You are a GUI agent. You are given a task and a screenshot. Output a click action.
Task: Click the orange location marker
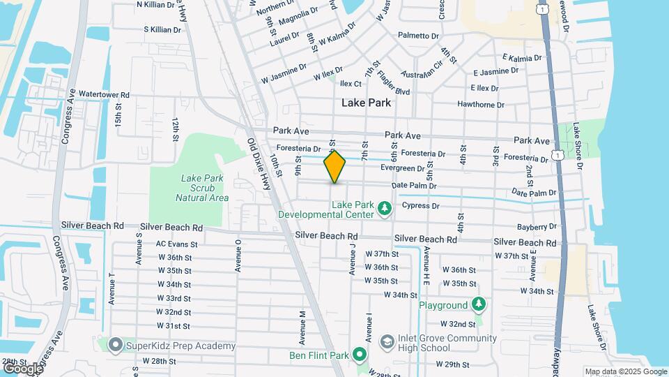(335, 167)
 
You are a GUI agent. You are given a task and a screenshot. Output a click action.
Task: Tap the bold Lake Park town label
(366, 103)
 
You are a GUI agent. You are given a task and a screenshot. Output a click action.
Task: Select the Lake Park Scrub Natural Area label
(202, 188)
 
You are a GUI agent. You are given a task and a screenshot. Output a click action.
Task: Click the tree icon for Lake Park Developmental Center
(383, 209)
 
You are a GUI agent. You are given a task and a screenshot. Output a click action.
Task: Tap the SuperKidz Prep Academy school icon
(116, 346)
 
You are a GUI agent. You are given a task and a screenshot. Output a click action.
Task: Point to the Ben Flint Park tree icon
(360, 355)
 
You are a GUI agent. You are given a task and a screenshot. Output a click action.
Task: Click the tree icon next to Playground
(478, 305)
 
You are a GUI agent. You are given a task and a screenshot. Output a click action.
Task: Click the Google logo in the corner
(22, 368)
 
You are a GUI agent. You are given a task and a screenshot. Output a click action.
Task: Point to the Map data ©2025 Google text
(625, 371)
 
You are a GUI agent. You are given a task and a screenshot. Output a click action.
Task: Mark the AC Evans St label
(177, 244)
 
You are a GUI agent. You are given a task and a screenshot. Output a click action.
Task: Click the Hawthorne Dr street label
(480, 105)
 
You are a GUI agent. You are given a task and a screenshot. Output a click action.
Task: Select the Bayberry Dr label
(537, 227)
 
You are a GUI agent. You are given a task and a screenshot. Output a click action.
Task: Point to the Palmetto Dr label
(418, 35)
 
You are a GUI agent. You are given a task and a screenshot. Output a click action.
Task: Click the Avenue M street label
(302, 327)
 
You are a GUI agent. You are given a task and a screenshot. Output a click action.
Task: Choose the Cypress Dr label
(421, 206)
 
